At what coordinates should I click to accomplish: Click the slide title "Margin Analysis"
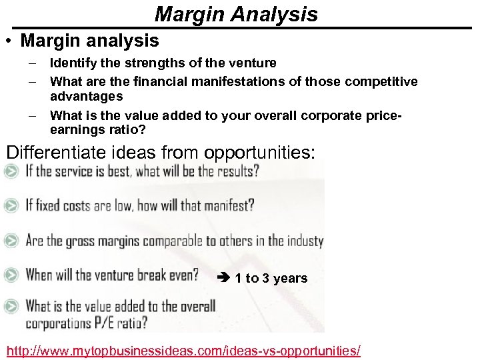[236, 13]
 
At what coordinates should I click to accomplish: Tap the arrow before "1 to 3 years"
[225, 278]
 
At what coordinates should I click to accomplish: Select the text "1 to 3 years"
[271, 278]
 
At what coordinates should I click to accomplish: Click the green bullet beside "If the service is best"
[11, 171]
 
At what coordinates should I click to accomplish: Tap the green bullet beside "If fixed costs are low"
[11, 206]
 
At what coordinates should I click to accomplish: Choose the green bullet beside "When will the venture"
[11, 275]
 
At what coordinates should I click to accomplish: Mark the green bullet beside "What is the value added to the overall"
[11, 307]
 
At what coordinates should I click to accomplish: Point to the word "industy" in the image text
[305, 241]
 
